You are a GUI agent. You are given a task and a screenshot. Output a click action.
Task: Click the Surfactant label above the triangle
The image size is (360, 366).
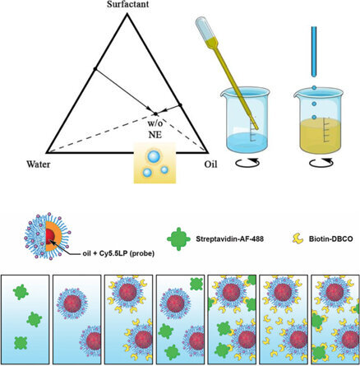128,4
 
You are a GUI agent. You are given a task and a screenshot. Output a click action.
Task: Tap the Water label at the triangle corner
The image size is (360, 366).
39,164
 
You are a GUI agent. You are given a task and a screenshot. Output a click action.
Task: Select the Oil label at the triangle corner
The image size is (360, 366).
210,164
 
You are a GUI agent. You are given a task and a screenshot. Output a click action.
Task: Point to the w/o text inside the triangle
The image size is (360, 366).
155,123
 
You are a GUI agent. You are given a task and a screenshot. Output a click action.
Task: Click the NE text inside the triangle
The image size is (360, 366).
155,135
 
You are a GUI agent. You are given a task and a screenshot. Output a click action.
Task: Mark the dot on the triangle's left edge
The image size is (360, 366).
95,68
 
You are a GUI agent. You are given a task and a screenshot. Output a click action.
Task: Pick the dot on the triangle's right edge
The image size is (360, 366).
180,104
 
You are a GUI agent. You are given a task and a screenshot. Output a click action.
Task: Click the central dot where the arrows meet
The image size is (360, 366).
155,114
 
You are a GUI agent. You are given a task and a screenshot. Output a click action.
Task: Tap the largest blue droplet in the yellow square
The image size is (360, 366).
154,156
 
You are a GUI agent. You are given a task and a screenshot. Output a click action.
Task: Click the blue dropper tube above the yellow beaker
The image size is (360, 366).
314,52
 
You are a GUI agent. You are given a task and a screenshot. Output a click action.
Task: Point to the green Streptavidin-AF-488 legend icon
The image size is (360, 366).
178,239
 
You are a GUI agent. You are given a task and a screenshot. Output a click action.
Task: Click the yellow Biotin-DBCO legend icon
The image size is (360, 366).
298,239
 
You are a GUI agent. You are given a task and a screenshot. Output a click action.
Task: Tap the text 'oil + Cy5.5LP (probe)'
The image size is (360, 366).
118,254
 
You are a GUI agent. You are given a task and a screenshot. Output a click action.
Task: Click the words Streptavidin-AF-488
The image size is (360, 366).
229,239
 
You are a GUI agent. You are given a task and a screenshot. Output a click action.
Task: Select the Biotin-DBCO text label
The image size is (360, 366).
331,239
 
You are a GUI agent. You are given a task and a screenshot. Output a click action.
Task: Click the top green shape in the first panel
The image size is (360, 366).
21,292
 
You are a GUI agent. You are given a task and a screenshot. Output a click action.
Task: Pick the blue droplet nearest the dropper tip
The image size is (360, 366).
314,88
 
